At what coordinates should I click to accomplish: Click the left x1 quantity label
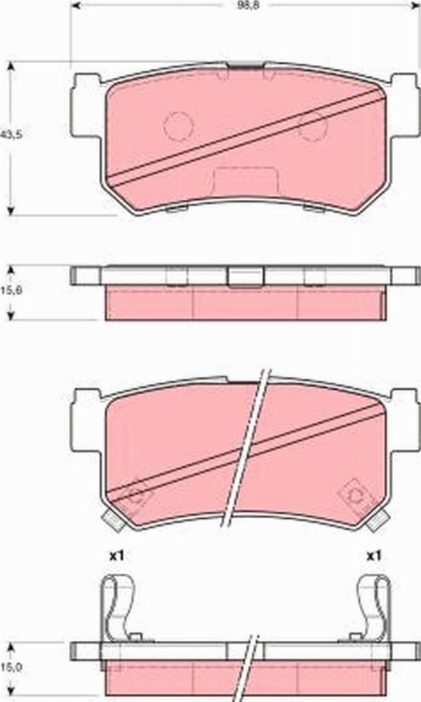(116, 555)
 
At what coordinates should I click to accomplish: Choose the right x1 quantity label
(373, 555)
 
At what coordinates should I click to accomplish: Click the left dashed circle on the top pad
(178, 126)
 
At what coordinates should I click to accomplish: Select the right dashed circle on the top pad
(312, 126)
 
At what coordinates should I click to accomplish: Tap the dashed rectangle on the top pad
(245, 181)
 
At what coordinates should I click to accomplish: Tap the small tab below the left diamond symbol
(110, 520)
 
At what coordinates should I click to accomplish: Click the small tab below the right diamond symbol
(379, 520)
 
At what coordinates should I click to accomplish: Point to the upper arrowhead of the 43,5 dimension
(11, 66)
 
